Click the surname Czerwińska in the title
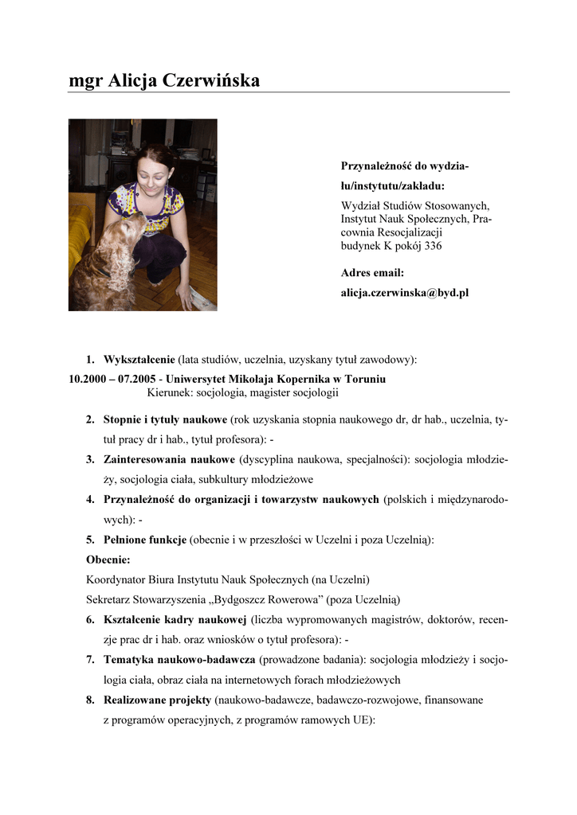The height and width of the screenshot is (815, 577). pos(211,80)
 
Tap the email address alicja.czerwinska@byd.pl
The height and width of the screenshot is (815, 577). pos(405,293)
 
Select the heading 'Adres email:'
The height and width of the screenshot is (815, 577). pos(372,273)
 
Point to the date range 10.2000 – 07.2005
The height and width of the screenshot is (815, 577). pos(112,379)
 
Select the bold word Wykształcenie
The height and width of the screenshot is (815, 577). pos(139,360)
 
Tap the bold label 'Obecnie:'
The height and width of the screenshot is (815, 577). pos(108,560)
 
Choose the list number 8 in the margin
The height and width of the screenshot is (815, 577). pos(91,700)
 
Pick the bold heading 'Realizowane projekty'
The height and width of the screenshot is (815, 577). pos(157,700)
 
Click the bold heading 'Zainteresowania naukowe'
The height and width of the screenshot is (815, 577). pos(169,459)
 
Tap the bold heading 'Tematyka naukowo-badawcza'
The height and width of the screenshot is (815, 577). pos(179,660)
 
